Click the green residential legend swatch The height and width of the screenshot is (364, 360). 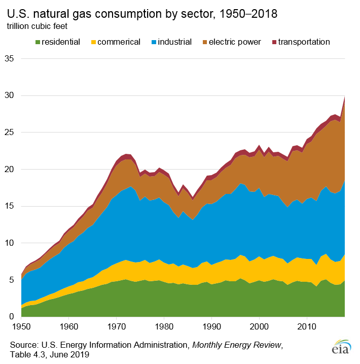click(37, 42)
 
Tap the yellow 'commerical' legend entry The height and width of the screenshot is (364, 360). click(114, 42)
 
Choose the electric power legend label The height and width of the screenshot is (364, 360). click(234, 42)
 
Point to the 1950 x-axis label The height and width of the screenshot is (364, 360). click(21, 325)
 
